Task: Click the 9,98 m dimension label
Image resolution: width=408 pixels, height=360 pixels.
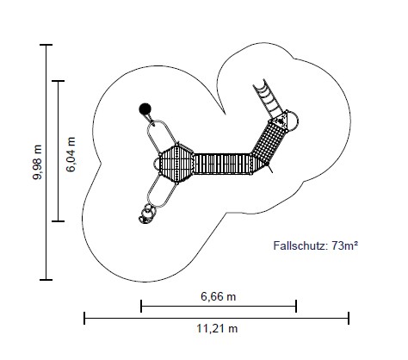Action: pos(37,163)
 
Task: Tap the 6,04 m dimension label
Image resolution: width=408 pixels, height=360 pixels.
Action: pos(71,154)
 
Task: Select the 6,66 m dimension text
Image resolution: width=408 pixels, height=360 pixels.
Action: pos(219,296)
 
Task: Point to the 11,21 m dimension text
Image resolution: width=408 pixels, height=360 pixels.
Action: pos(217,328)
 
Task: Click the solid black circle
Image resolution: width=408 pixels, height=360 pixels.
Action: pos(145,109)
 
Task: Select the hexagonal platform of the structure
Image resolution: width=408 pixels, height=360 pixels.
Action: pos(176,163)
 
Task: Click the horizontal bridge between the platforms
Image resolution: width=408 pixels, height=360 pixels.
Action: pos(222,164)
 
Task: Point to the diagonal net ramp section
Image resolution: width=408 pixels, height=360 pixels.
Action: pos(269,143)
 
